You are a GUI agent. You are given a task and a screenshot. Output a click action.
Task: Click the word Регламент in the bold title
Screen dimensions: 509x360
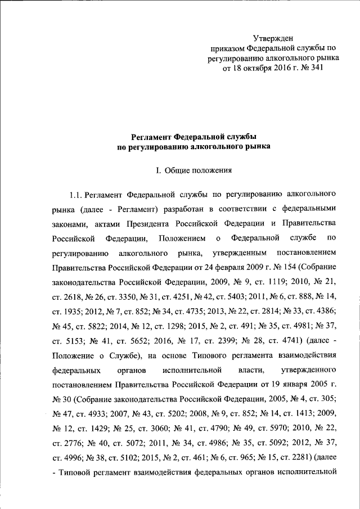click(x=156, y=136)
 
